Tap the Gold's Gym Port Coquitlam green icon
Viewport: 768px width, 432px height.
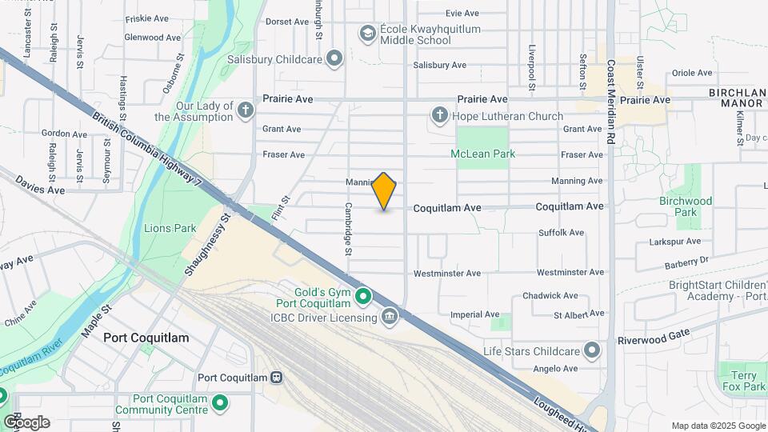(x=363, y=297)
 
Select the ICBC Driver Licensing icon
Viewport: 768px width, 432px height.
(x=390, y=318)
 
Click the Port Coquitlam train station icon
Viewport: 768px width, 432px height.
(x=277, y=378)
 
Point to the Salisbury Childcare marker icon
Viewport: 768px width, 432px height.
(x=334, y=59)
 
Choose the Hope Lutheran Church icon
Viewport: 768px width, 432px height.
(x=439, y=116)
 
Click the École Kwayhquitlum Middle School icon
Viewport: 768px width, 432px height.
(x=367, y=34)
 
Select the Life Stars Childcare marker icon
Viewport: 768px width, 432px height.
(x=592, y=351)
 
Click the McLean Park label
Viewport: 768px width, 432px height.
(x=482, y=154)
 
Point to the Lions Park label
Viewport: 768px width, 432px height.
(x=170, y=228)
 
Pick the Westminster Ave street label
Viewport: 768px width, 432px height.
(x=446, y=274)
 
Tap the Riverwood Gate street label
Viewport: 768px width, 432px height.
(x=652, y=340)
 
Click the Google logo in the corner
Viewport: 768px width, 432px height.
(x=26, y=422)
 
